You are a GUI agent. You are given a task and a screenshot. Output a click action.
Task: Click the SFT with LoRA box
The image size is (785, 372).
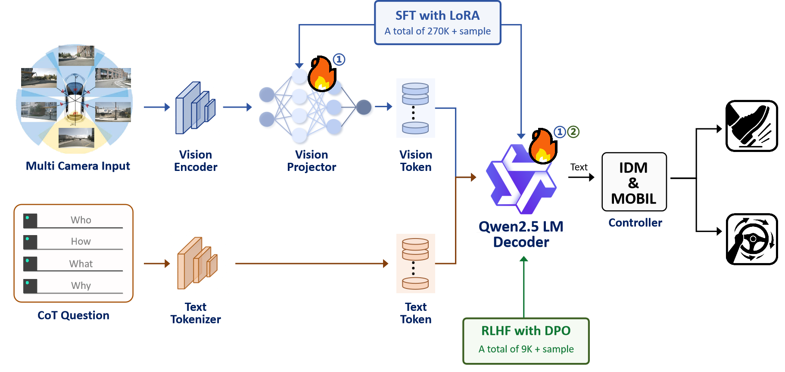[x=437, y=23]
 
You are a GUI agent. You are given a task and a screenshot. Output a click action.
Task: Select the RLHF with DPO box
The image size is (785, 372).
[x=526, y=341]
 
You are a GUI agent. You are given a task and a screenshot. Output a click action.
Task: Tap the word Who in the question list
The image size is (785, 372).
[x=81, y=220]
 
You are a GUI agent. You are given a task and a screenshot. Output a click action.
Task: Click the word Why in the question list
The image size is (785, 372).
[x=81, y=286]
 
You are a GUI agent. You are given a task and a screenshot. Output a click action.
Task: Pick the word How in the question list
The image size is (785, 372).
[x=81, y=242]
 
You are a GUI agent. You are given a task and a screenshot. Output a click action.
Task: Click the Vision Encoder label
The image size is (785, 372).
[x=196, y=161]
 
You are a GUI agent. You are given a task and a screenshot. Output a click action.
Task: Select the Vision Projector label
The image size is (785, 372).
[x=312, y=161]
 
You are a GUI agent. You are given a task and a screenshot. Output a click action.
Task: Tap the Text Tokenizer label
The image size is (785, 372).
[x=196, y=313]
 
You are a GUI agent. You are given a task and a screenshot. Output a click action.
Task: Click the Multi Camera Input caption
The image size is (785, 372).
[x=78, y=166]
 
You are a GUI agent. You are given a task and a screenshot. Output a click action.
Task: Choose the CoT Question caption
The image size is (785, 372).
[x=73, y=315]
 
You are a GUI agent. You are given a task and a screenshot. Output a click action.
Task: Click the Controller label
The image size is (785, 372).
[x=635, y=223]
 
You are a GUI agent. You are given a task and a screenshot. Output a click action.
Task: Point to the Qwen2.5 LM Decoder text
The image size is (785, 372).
[x=521, y=234]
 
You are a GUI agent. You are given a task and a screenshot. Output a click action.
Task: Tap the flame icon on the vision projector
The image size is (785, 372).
[x=322, y=74]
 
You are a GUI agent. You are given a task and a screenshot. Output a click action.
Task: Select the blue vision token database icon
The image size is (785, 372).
[x=415, y=108]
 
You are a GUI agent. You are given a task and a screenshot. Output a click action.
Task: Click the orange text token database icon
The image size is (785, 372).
[x=415, y=263]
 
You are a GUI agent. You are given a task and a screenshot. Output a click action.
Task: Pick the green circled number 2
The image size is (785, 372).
[x=573, y=132]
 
